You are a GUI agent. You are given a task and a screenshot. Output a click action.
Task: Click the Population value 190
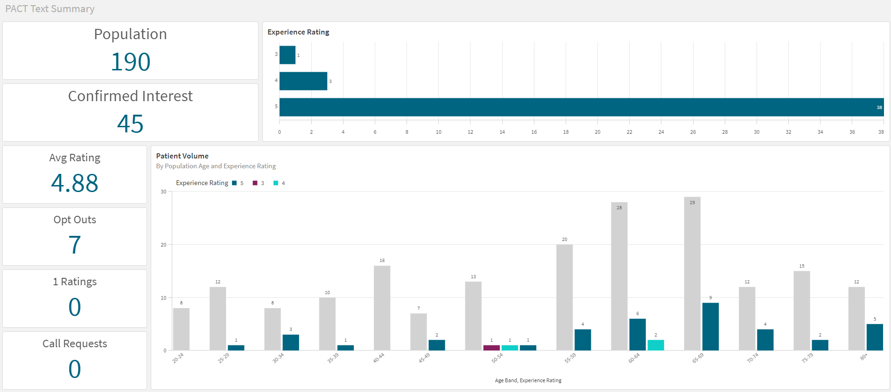[131, 62]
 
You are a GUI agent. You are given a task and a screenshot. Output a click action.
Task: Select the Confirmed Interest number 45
[130, 124]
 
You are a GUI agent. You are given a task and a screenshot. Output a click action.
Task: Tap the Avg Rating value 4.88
[75, 183]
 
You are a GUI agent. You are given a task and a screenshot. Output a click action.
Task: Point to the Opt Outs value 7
[75, 245]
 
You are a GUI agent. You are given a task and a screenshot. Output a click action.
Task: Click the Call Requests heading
[75, 344]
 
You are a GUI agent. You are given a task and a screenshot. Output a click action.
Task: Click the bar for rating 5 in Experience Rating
[581, 107]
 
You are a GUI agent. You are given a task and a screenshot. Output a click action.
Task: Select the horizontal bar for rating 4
[303, 81]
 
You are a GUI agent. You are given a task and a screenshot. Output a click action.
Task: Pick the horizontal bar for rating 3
[288, 55]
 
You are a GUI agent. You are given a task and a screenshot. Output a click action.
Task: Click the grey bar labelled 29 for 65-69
[692, 275]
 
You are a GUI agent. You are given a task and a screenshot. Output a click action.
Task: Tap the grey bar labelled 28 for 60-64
[619, 277]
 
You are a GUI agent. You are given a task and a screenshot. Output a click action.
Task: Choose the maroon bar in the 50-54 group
[491, 348]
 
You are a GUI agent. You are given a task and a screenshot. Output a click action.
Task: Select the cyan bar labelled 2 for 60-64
[656, 345]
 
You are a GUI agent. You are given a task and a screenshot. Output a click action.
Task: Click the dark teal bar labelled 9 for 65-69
[710, 326]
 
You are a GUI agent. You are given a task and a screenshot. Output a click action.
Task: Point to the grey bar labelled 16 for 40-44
[382, 308]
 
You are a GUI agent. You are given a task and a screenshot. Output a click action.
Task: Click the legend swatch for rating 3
[255, 183]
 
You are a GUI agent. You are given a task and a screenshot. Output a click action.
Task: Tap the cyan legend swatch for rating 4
[276, 183]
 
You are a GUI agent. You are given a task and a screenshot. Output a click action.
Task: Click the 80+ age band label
[864, 357]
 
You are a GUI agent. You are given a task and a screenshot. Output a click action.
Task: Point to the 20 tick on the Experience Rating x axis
[597, 132]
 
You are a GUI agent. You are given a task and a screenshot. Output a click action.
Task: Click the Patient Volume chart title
[182, 156]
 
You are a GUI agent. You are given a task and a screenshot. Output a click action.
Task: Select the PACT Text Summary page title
[50, 9]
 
